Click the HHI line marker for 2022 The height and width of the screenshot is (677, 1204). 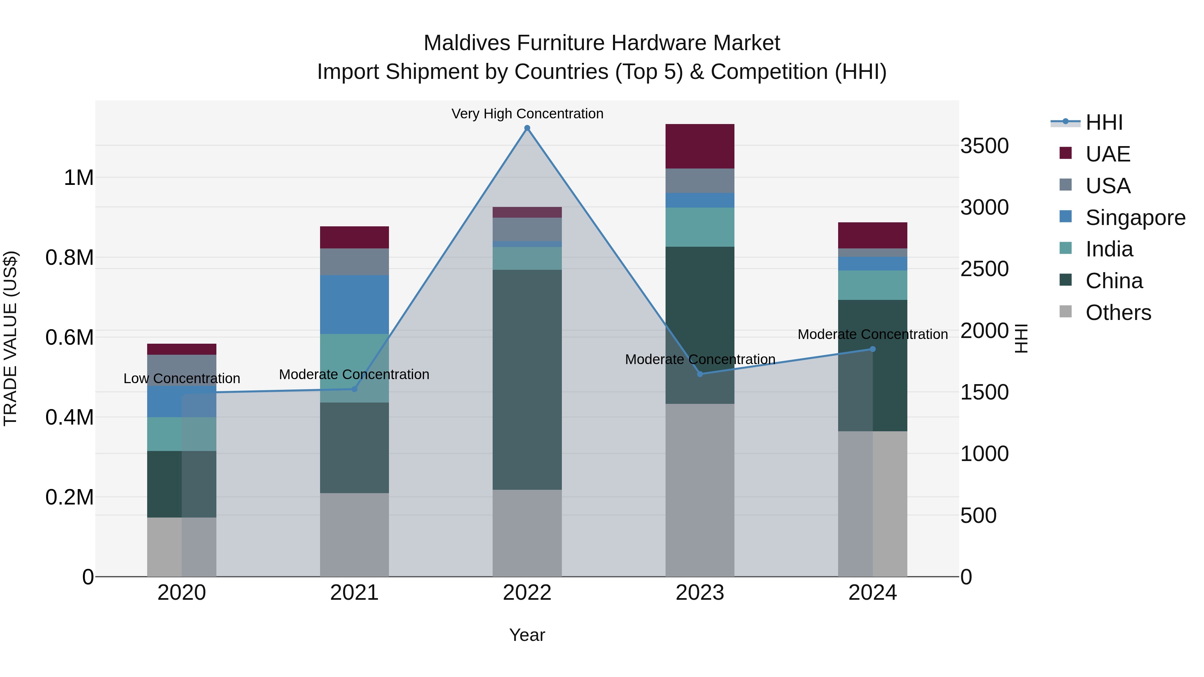tap(527, 128)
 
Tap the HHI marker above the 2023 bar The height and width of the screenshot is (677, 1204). tap(700, 374)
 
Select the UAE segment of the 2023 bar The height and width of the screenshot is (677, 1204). tap(700, 146)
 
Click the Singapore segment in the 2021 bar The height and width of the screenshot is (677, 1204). tap(354, 304)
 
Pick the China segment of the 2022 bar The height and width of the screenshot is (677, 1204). tap(527, 379)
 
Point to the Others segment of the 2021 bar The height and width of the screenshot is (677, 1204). tap(354, 535)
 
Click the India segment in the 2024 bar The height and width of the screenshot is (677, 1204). tap(872, 285)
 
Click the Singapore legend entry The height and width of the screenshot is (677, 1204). tap(1135, 218)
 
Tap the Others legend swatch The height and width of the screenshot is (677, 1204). tap(1065, 312)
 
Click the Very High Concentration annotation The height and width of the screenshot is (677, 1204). tap(527, 114)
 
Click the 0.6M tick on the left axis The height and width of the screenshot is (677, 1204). tap(69, 337)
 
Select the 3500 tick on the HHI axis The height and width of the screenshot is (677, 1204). tap(984, 146)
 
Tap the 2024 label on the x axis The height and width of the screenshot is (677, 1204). tap(872, 593)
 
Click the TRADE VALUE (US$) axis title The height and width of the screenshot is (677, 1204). tap(11, 338)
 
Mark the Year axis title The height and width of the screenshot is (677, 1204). tap(527, 635)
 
